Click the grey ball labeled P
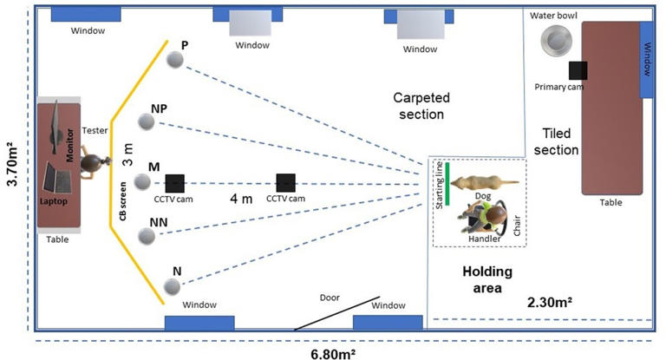pyautogui.click(x=176, y=60)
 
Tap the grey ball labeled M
pyautogui.click(x=143, y=183)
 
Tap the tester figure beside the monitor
pyautogui.click(x=91, y=162)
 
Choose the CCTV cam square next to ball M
pyautogui.click(x=174, y=183)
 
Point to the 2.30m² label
pyautogui.click(x=553, y=303)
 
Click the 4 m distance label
pyautogui.click(x=242, y=198)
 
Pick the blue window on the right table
pyautogui.click(x=646, y=59)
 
